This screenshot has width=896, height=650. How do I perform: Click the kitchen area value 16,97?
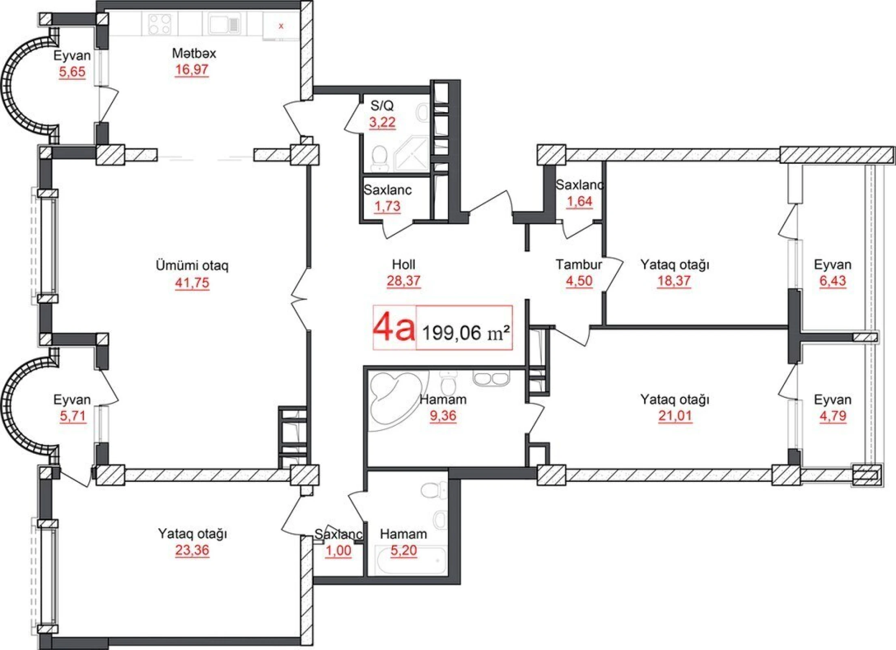[192, 70]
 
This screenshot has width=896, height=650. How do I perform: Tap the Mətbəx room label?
[194, 53]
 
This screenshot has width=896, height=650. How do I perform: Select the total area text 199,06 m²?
[465, 333]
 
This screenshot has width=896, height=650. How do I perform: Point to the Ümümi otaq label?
[192, 266]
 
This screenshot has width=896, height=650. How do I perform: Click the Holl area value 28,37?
[403, 281]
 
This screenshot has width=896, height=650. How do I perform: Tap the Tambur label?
[579, 264]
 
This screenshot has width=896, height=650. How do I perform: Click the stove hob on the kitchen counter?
[159, 24]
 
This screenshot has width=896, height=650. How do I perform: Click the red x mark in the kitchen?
[281, 26]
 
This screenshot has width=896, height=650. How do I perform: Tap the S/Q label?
[382, 106]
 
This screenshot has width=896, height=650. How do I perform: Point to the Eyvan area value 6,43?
[832, 281]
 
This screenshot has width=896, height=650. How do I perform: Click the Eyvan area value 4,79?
[832, 416]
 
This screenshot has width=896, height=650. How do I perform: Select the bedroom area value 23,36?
[192, 550]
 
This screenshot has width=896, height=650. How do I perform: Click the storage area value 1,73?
[387, 206]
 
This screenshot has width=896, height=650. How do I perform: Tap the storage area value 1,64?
[579, 201]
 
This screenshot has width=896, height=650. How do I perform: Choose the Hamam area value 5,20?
[403, 550]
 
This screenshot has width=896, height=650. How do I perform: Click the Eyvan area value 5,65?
[72, 72]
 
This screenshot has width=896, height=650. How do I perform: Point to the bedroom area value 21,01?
[674, 416]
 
